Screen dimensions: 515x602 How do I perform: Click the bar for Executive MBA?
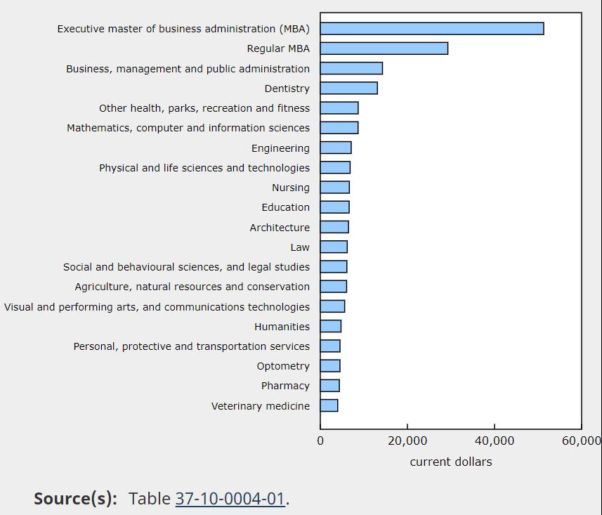(431, 29)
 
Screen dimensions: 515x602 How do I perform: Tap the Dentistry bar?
(348, 89)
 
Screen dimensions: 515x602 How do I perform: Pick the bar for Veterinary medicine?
(329, 406)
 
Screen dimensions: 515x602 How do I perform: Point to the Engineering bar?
(336, 148)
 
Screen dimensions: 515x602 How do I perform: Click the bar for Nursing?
(334, 188)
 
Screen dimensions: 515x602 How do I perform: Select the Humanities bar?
(330, 327)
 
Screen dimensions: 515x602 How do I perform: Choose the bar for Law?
(334, 247)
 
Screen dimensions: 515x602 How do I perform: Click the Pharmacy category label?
(285, 386)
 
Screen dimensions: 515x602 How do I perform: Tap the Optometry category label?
(283, 366)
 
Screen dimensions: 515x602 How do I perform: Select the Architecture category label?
(280, 228)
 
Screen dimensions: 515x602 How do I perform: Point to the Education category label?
(285, 207)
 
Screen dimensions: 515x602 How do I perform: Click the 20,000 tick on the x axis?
(407, 441)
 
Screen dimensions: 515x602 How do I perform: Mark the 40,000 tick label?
(495, 441)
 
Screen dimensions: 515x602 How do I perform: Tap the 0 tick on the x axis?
(320, 441)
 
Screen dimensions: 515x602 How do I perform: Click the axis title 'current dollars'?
(451, 462)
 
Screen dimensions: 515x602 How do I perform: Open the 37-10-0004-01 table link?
(230, 499)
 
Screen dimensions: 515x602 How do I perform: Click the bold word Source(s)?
(75, 499)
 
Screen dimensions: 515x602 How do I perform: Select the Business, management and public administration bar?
(351, 69)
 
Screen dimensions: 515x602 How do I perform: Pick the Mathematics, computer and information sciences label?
(188, 128)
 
